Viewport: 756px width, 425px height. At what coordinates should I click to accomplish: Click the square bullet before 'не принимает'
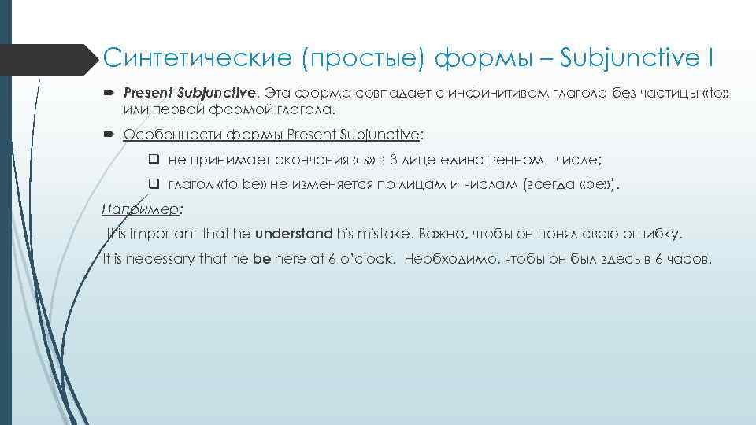(154, 160)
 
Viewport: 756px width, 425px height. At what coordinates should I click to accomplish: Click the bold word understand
(293, 235)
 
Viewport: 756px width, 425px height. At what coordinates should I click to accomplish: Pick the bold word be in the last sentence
(261, 259)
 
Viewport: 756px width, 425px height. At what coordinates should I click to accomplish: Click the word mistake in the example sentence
(385, 235)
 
